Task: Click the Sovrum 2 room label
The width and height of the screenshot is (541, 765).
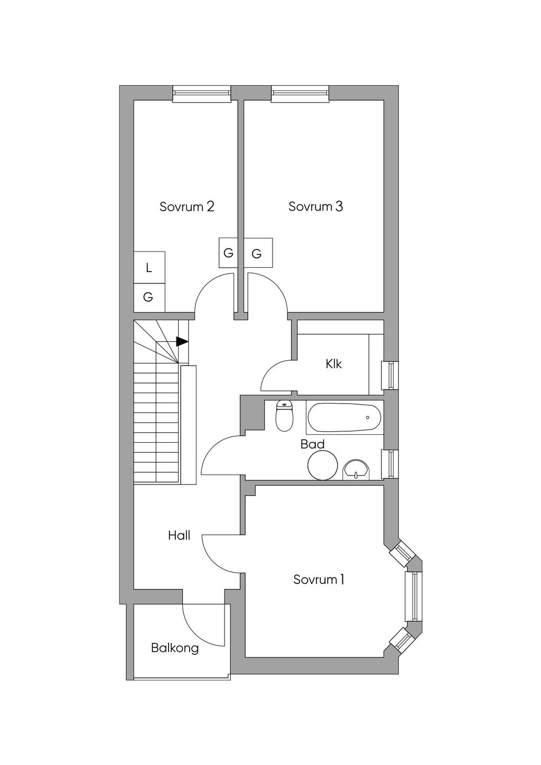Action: (x=186, y=207)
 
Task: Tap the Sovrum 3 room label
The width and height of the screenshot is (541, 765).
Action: (x=315, y=207)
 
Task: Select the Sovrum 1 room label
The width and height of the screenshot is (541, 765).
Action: (x=319, y=580)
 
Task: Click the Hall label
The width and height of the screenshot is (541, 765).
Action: (x=179, y=536)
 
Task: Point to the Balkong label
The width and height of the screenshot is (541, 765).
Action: (x=175, y=648)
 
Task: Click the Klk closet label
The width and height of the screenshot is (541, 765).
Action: (x=334, y=364)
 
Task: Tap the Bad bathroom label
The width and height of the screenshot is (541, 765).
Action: (x=312, y=444)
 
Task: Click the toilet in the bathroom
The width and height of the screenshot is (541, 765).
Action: (x=285, y=417)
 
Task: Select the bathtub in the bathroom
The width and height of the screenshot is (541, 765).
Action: (x=343, y=417)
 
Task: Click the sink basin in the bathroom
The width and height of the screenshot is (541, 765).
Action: (x=357, y=469)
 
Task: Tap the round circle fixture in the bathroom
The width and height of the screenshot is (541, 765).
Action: (x=323, y=465)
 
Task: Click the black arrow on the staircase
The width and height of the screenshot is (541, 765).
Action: (x=182, y=341)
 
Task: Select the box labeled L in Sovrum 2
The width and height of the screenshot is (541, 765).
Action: (x=149, y=268)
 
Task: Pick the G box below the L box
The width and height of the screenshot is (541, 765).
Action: (x=149, y=297)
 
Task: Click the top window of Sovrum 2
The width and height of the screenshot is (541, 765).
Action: (x=202, y=94)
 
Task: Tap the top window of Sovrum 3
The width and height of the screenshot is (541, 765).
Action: (x=300, y=94)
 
